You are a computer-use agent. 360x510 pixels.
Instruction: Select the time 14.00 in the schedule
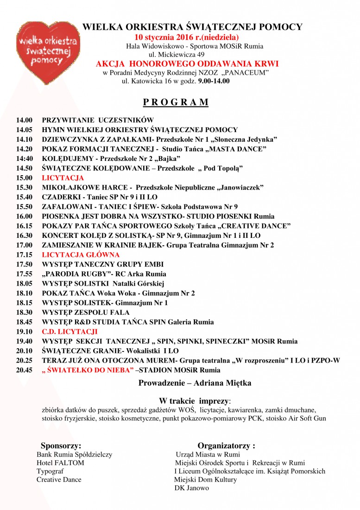coord(24,120)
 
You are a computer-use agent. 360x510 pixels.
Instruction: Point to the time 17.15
coord(24,255)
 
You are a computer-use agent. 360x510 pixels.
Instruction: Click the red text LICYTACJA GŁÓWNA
coord(81,255)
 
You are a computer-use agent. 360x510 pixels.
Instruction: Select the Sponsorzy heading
coord(61,446)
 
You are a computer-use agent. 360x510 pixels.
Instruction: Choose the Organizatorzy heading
coord(226,446)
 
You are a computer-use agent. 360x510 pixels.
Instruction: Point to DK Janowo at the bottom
coord(191,488)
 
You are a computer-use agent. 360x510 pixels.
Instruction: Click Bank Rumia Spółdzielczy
coord(74,454)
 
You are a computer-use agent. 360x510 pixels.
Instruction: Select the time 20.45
coord(24,370)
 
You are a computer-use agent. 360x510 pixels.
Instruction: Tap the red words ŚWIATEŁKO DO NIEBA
coord(89,370)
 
